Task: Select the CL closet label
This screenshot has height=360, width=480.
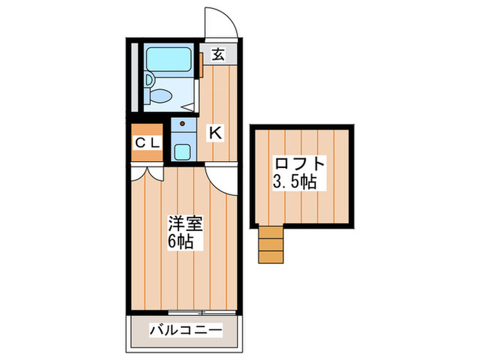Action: [147, 143]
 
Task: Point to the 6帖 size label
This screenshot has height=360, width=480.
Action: [181, 241]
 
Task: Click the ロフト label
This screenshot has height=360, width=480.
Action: [299, 165]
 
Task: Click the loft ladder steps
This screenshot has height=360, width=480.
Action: [270, 243]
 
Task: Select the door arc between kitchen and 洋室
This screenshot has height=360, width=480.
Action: [224, 181]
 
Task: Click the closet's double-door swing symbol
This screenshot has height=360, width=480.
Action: [147, 173]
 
